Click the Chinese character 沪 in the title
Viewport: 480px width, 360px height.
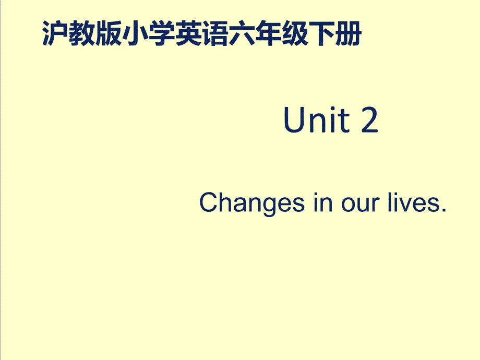tap(55, 33)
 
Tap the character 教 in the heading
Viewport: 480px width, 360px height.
tap(82, 33)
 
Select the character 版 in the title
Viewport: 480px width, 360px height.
tap(109, 33)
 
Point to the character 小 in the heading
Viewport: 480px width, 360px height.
tap(135, 33)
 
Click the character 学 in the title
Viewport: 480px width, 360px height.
tap(162, 33)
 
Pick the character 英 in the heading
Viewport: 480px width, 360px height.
tap(188, 33)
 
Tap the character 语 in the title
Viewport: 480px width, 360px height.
tap(215, 33)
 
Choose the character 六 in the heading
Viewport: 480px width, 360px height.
tap(242, 33)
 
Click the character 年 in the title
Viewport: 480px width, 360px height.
tap(268, 33)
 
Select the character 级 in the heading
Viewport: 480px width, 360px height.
tap(295, 33)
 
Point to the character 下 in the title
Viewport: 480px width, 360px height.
tap(321, 33)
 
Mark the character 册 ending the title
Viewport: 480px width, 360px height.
tap(349, 33)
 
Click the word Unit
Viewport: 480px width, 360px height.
tap(317, 119)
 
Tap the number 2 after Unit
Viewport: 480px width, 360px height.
tap(370, 119)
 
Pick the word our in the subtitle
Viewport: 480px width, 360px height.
tap(361, 205)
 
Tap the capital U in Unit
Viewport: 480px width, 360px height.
tap(294, 119)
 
